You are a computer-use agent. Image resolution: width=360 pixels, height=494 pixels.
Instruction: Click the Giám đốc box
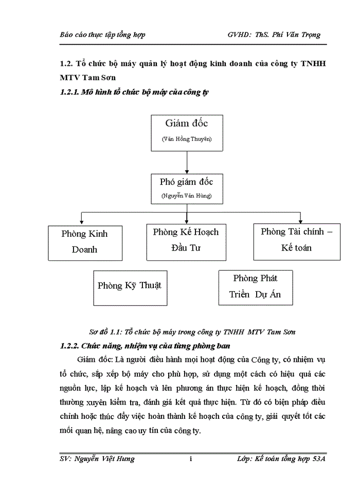(187, 132)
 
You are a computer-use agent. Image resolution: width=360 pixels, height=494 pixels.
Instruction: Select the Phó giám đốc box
(186, 188)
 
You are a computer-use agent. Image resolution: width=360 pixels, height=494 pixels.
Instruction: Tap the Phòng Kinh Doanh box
(85, 242)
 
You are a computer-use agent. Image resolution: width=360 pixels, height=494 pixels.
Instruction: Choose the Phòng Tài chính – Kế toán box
(296, 240)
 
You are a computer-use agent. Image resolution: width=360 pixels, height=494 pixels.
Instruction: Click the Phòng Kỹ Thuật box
(130, 286)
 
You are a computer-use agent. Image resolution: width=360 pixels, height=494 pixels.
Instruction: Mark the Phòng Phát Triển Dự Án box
(255, 287)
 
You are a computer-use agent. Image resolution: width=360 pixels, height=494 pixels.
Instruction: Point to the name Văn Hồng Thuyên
(186, 139)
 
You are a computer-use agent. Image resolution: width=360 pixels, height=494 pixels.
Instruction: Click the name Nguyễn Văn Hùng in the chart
(186, 196)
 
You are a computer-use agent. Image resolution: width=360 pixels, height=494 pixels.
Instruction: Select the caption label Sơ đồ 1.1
(104, 332)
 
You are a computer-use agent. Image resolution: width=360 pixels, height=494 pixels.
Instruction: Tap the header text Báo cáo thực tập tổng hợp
(102, 34)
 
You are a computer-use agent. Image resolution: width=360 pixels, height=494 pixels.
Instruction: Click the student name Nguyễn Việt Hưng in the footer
(105, 458)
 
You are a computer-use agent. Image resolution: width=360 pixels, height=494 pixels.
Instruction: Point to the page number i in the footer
(191, 458)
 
